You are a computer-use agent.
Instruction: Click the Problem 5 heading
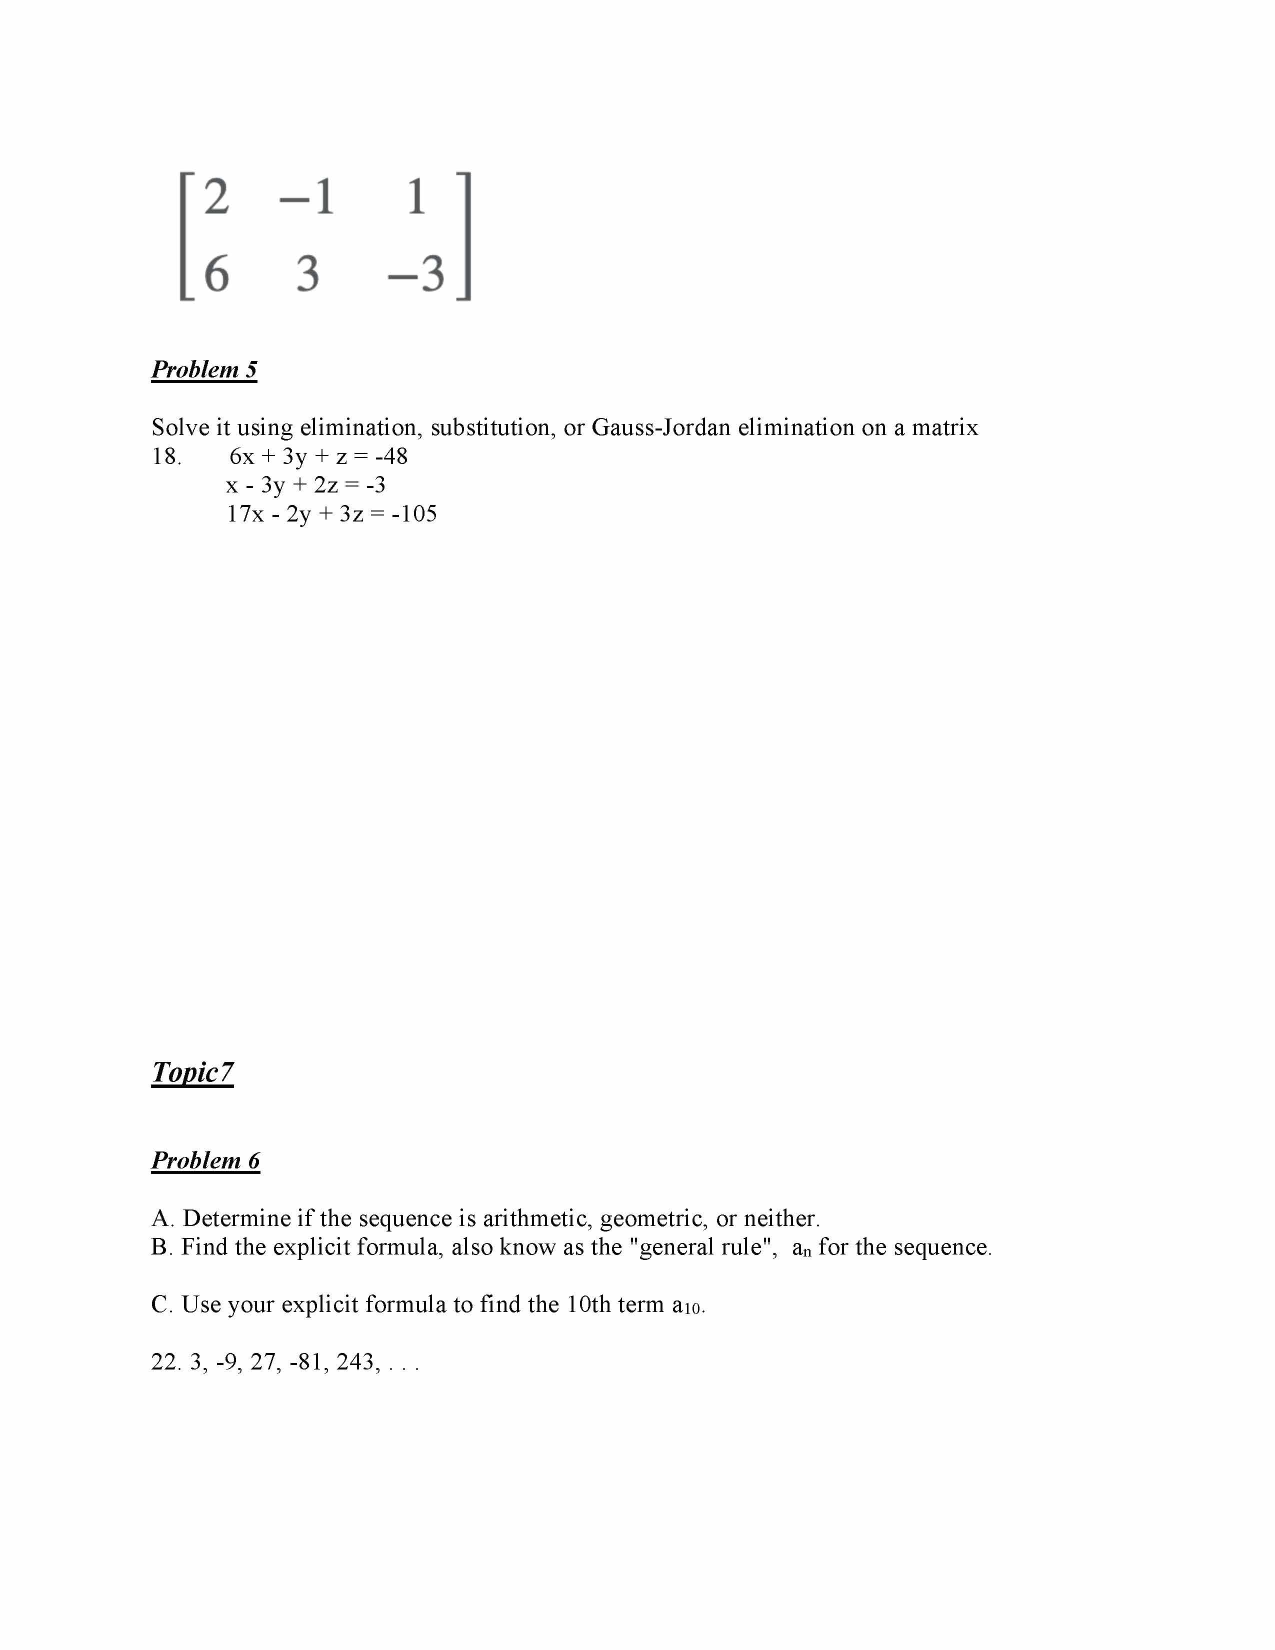pos(204,369)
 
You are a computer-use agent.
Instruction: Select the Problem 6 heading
pos(205,1159)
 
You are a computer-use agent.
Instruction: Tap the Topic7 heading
pos(192,1071)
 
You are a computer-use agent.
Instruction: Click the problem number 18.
pos(166,456)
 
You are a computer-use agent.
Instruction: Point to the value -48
pos(391,456)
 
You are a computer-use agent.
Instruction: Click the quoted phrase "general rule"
pos(702,1246)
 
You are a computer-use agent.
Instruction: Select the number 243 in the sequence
pos(358,1361)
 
